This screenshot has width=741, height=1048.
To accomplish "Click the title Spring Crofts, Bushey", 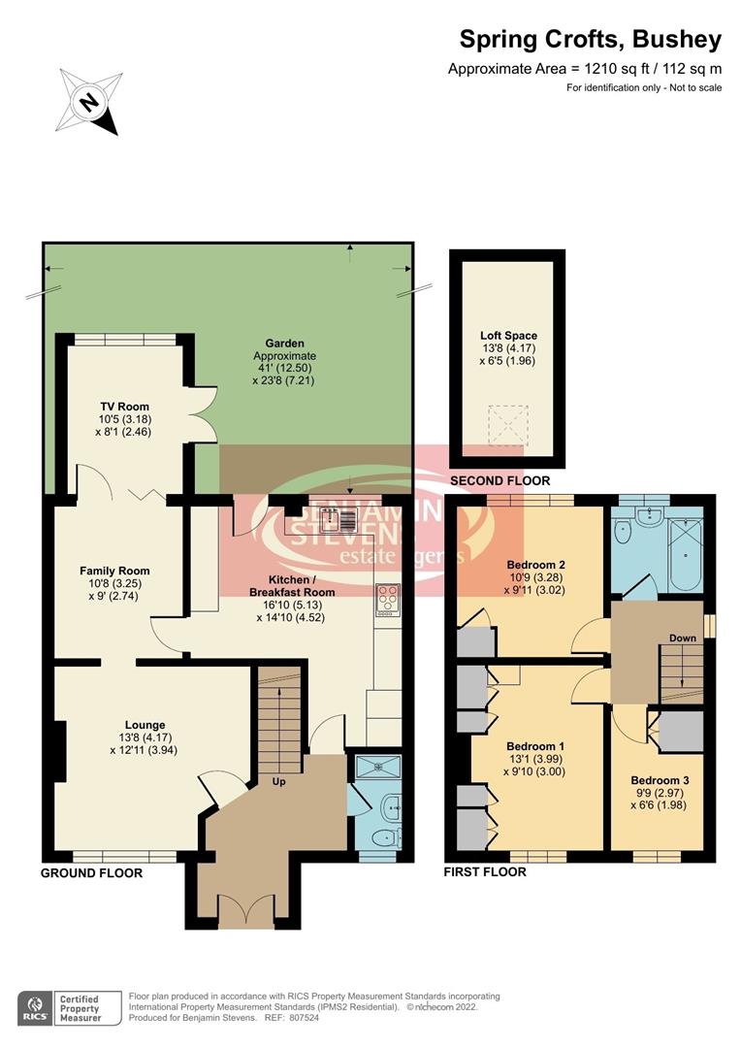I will click(590, 40).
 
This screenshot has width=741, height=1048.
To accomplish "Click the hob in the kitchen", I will click(388, 600).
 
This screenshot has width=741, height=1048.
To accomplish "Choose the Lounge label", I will click(145, 724).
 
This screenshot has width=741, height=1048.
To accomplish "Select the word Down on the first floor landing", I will click(683, 639).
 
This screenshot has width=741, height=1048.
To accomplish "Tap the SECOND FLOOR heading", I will click(499, 481).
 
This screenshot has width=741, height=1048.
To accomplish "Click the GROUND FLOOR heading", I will click(91, 873).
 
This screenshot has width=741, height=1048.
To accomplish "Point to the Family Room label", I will click(114, 571).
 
